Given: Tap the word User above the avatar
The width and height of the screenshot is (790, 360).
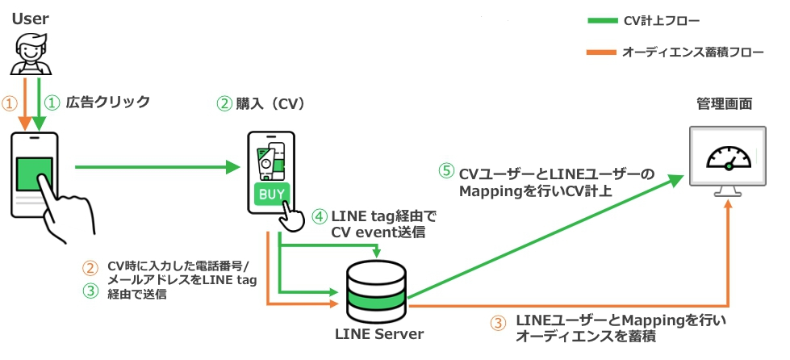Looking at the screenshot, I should [x=30, y=17].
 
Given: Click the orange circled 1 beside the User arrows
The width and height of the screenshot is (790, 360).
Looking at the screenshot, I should [x=10, y=103].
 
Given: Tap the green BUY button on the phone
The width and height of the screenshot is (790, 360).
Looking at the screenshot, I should [x=270, y=195].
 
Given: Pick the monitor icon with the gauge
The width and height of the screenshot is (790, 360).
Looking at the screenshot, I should [x=728, y=161].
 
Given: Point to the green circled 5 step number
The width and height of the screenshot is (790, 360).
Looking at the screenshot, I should [x=446, y=173].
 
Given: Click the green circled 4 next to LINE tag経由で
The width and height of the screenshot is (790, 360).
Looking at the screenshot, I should [x=319, y=216].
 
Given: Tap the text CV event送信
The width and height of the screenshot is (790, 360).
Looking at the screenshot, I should [x=378, y=232].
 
